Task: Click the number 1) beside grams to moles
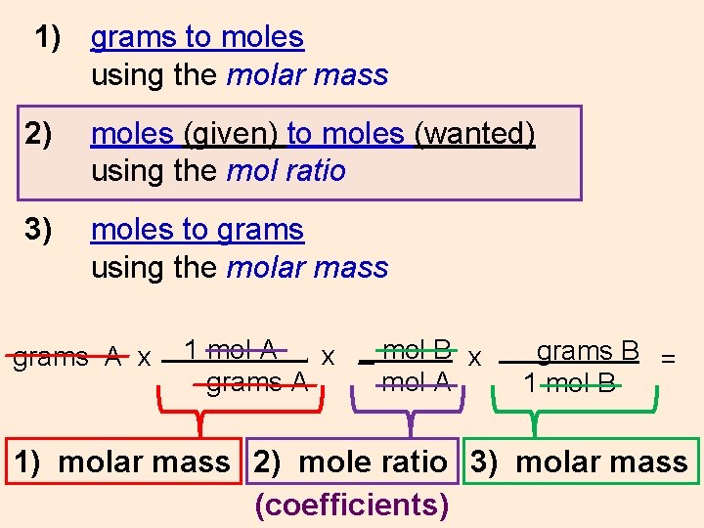pos(48,38)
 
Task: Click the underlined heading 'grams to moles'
pos(197,38)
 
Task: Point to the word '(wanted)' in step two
pos(474,134)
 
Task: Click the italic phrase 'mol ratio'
pos(286,171)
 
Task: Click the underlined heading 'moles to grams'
pos(197,230)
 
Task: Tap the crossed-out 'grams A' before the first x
pos(66,357)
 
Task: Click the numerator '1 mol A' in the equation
pos(231,349)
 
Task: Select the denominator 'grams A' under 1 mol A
pos(257,382)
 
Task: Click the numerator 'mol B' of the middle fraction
pos(417,349)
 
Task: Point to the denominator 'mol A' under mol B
pos(417,382)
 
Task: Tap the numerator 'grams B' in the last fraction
pos(588,350)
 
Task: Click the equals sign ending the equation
pos(669,358)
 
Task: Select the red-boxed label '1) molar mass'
pos(122,462)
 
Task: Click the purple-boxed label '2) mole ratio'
pos(350,462)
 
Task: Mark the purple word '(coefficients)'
pos(352,505)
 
